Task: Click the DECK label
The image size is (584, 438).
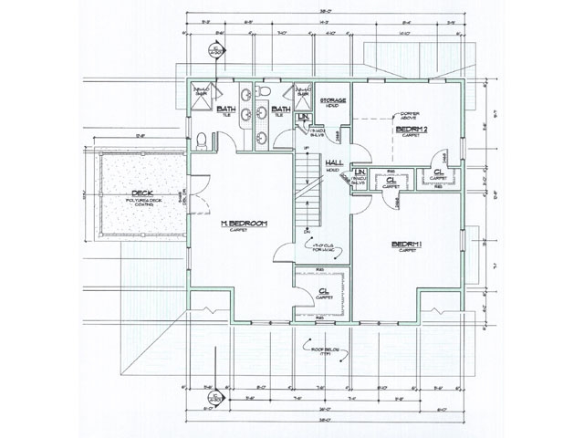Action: point(141,193)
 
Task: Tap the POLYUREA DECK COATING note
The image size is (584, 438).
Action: point(141,203)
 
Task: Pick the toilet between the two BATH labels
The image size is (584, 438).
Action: point(262,92)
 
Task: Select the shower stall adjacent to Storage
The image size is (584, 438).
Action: point(302,93)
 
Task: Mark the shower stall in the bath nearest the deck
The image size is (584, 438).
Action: point(201,93)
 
